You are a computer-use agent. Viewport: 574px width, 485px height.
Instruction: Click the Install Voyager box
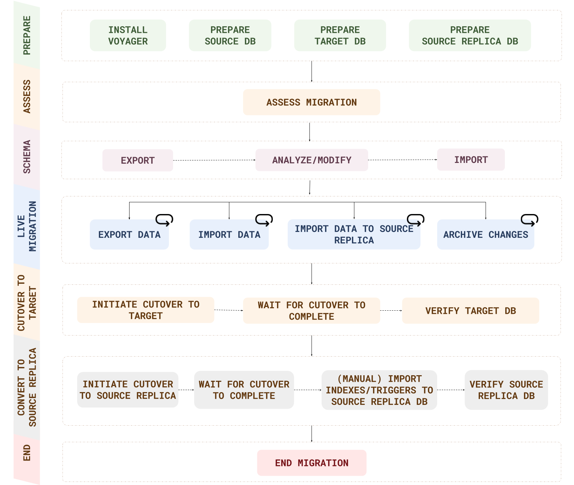(128, 36)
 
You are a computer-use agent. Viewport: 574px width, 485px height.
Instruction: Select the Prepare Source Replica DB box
(470, 36)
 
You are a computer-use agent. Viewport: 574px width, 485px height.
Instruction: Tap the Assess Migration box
(311, 102)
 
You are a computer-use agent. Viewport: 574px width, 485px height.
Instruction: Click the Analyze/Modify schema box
(312, 160)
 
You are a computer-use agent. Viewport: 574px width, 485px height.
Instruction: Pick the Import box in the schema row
(471, 159)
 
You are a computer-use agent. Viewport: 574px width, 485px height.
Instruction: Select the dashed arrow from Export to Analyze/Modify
(214, 160)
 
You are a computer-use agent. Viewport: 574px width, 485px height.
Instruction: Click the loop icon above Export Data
(164, 220)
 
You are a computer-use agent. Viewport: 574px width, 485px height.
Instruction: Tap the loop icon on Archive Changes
(529, 220)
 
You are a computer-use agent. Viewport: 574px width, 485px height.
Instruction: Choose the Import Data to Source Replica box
(354, 234)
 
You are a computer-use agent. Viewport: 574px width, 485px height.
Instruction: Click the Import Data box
(229, 234)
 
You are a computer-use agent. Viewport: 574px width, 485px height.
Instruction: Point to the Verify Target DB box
(470, 311)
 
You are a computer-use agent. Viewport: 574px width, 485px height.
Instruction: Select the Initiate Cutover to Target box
(145, 310)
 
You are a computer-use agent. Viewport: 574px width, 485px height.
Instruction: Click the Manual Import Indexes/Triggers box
(379, 390)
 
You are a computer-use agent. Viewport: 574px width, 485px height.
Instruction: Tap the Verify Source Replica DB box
(506, 390)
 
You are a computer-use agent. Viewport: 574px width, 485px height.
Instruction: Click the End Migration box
(312, 463)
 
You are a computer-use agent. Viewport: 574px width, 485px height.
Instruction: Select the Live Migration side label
(27, 226)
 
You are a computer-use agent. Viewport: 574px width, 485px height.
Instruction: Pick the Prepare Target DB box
(340, 36)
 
